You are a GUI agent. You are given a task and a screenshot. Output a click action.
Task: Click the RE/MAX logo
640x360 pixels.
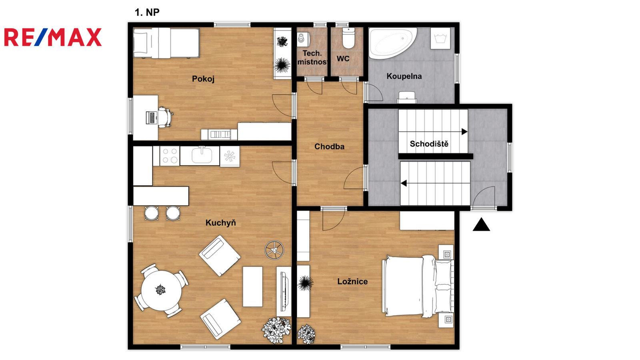coord(53,37)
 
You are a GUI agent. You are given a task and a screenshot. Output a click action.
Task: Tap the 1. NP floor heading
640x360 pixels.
coord(147,12)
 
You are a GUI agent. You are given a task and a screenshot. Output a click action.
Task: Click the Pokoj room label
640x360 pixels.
coord(203,79)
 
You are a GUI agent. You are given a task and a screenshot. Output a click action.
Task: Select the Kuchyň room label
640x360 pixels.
coord(220,222)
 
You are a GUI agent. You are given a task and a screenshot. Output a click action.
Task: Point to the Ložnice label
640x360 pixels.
coord(352,282)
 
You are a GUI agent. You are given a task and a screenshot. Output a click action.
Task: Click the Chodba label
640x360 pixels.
coord(330,146)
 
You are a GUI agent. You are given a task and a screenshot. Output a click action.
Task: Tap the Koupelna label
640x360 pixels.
coord(404,76)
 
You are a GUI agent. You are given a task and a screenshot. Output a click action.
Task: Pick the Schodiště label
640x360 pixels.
coord(429,144)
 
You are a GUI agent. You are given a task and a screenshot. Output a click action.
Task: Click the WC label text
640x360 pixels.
coord(343,58)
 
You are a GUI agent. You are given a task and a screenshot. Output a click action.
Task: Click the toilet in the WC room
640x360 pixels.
coord(348,38)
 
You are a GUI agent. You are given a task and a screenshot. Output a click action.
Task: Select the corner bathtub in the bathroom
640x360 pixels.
coord(392,43)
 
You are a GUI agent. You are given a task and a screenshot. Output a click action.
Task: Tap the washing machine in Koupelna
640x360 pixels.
coord(440,38)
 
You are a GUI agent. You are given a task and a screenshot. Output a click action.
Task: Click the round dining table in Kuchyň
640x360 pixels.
coord(161,290)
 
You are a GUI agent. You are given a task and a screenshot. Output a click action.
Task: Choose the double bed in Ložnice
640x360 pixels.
coord(418,286)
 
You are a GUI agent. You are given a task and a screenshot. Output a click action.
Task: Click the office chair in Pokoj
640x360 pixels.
coord(166,117)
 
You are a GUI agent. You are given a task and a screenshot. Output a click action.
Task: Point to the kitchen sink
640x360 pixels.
coord(202,155)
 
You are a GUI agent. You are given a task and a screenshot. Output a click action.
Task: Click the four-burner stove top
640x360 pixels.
coord(170,156)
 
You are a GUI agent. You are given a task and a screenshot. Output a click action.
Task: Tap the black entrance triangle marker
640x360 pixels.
coord(482,224)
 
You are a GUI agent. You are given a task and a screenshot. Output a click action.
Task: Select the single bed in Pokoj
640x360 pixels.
coord(166,43)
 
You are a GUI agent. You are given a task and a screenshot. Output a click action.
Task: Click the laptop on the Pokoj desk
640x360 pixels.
coord(152,118)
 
